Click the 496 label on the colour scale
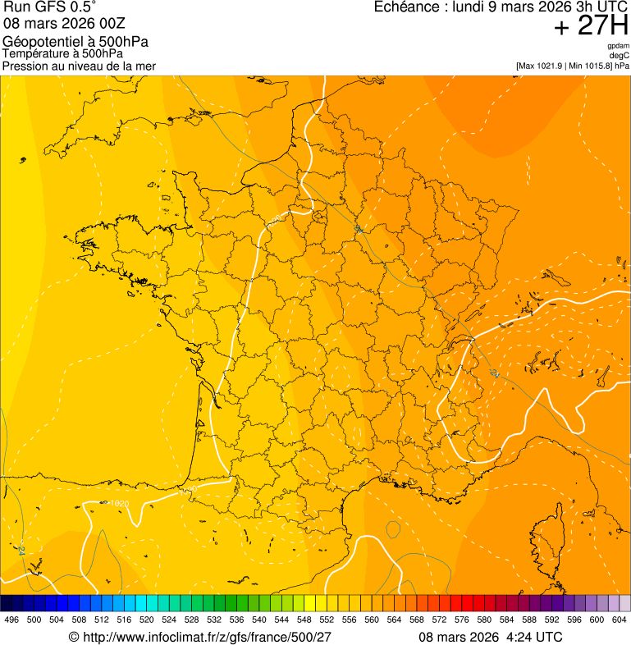click(x=11, y=620)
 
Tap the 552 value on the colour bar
click(x=327, y=620)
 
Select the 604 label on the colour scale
click(x=620, y=620)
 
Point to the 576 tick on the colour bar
click(x=462, y=620)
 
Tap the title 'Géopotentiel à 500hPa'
click(x=75, y=42)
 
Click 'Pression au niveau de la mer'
click(x=79, y=66)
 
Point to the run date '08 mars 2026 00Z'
click(x=64, y=23)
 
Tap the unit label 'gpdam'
click(x=618, y=46)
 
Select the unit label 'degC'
click(x=620, y=55)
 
